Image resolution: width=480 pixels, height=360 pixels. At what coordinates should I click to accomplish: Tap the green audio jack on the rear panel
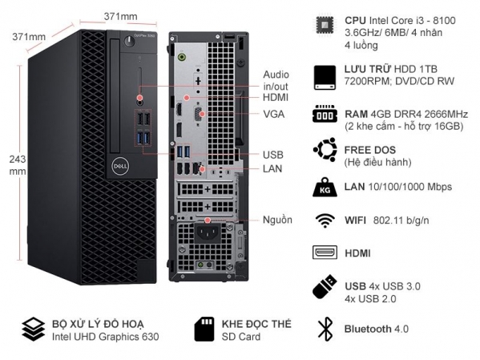click(x=183, y=57)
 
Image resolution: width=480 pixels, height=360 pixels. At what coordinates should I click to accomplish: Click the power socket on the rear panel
click(x=208, y=233)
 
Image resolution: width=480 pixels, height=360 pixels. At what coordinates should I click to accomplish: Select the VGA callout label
click(x=274, y=115)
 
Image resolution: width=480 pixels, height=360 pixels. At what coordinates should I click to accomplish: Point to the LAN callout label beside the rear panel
click(x=272, y=168)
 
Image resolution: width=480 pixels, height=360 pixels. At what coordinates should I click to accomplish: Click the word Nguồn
click(x=277, y=220)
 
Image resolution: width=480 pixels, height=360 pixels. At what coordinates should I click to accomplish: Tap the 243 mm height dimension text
click(x=18, y=165)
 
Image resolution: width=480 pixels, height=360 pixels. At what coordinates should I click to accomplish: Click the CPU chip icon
click(x=325, y=26)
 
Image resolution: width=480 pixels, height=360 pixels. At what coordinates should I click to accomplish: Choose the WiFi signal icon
click(x=325, y=220)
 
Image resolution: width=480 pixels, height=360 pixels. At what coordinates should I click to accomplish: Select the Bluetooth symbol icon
click(x=325, y=329)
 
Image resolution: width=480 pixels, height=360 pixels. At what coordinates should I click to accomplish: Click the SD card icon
click(x=204, y=330)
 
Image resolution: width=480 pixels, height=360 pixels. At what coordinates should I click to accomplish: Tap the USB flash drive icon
click(x=325, y=286)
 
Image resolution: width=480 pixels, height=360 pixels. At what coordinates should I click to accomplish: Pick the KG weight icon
click(x=325, y=187)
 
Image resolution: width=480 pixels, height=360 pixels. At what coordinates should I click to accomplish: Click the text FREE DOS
click(x=370, y=150)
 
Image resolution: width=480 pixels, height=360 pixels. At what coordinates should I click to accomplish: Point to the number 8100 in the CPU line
click(x=444, y=21)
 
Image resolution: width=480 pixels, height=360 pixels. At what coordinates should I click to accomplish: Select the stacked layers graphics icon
click(x=33, y=330)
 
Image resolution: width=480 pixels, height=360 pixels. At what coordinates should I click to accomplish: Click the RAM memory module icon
click(x=325, y=114)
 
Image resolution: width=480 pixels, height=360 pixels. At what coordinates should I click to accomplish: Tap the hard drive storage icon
click(x=325, y=77)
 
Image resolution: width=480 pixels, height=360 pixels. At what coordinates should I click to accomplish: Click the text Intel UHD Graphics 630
click(x=105, y=337)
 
